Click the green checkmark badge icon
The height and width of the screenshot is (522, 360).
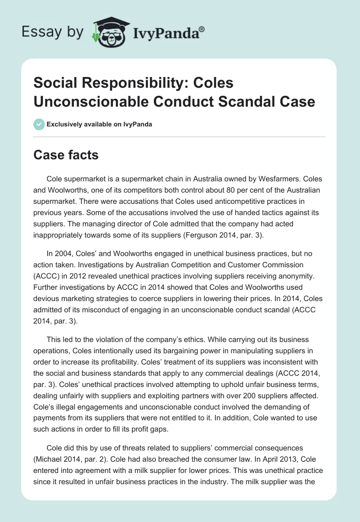(39, 124)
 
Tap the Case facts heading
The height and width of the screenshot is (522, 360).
(66, 155)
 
